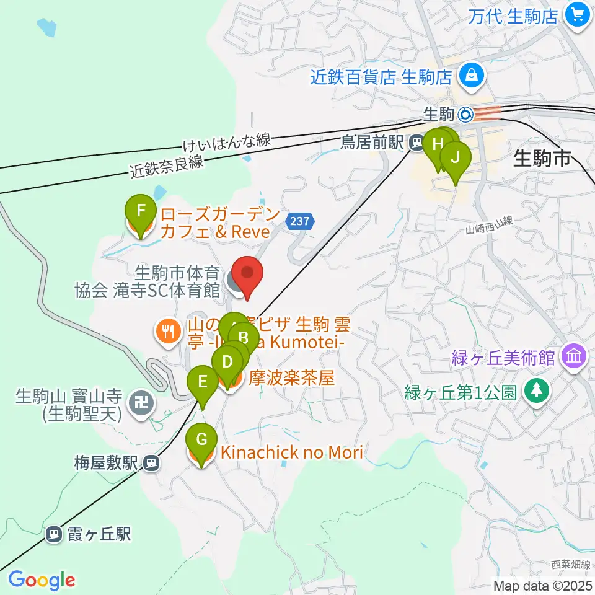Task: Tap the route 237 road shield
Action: coord(299,221)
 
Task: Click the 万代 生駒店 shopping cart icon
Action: coord(579,15)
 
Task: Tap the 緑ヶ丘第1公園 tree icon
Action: coord(534,392)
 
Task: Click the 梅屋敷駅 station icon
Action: coord(151,462)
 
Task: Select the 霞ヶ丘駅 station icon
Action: coord(55,534)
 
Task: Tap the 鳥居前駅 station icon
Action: coord(416,143)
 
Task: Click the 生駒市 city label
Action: coord(542,159)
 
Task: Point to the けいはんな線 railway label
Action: coord(227,143)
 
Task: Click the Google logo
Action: coord(42,580)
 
